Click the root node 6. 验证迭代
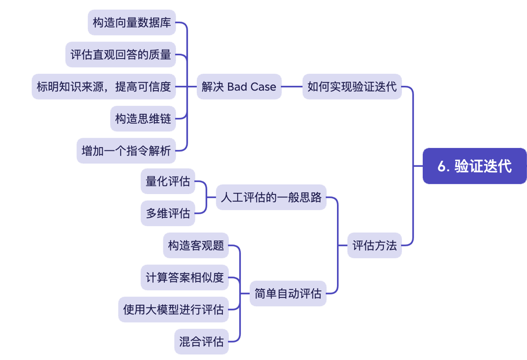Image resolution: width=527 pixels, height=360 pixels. click(474, 166)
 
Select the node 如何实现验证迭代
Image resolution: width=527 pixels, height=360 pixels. click(352, 87)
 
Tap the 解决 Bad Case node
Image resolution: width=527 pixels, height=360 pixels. click(239, 87)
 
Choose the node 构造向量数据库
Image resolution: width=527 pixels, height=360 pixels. click(132, 23)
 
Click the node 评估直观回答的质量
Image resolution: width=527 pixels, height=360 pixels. click(121, 55)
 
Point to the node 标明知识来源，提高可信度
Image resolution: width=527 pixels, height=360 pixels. click(104, 87)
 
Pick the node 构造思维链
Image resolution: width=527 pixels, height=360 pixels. click(143, 119)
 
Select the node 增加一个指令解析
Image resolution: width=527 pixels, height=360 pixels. click(126, 151)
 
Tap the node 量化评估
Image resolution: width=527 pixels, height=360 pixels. click(168, 181)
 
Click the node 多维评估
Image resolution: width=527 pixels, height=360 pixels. click(168, 213)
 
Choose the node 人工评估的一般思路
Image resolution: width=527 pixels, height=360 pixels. click(271, 197)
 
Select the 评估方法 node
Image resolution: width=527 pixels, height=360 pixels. click(374, 245)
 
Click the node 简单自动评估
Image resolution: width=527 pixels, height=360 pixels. click(288, 294)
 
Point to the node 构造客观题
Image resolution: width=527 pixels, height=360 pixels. click(196, 245)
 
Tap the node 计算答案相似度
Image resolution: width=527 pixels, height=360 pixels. click(185, 278)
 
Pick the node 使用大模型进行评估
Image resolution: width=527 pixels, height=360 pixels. click(173, 310)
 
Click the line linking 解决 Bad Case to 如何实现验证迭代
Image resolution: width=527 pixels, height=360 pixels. click(292, 87)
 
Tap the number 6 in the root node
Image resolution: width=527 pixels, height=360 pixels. click(441, 166)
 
